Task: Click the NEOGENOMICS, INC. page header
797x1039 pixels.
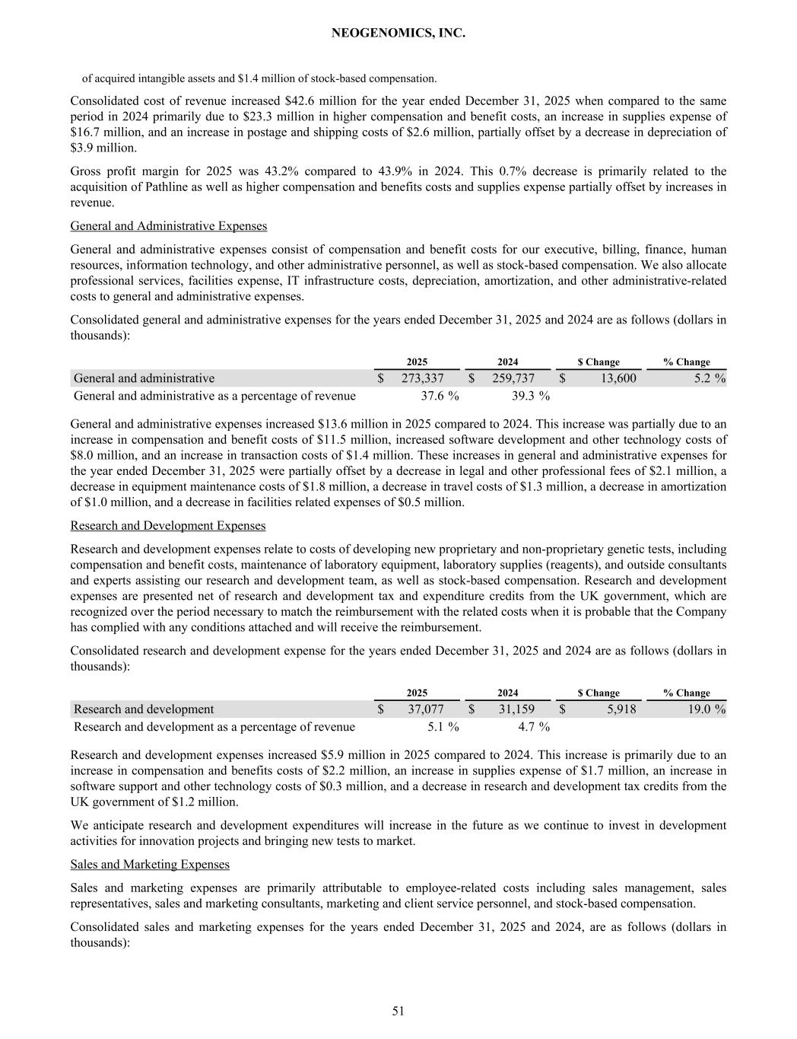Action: (398, 33)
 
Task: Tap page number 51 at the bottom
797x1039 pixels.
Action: (398, 1011)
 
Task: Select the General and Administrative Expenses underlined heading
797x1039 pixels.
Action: (168, 226)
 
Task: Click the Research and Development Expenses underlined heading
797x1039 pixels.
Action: (167, 526)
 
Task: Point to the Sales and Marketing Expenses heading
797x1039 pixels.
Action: (150, 865)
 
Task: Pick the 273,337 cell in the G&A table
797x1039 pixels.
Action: (423, 378)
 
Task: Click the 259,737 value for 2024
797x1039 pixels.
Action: (513, 378)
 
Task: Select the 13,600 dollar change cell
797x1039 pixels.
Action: (614, 378)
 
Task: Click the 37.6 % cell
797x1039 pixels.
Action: (440, 396)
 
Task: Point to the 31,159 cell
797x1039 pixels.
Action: (516, 709)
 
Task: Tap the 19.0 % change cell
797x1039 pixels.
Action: (705, 709)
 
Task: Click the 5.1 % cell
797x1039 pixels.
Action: (443, 727)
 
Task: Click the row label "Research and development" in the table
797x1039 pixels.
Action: (144, 709)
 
